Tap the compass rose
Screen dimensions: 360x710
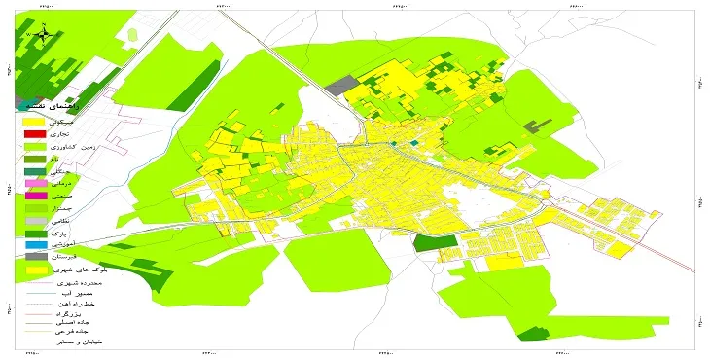click(44, 35)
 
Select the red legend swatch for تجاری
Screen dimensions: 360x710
click(35, 135)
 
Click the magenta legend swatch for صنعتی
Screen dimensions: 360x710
click(35, 197)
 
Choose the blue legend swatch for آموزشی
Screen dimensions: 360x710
click(35, 243)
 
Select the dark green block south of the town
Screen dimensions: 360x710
click(427, 242)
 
